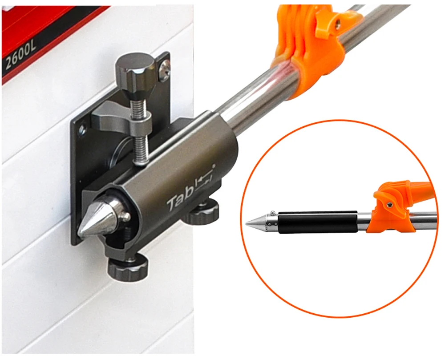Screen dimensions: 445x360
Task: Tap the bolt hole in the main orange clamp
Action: (x=338, y=22)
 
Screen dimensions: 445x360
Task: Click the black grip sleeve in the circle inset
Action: (x=317, y=222)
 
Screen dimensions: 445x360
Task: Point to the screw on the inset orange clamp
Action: (x=391, y=204)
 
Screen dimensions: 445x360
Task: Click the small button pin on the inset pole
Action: (x=272, y=212)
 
